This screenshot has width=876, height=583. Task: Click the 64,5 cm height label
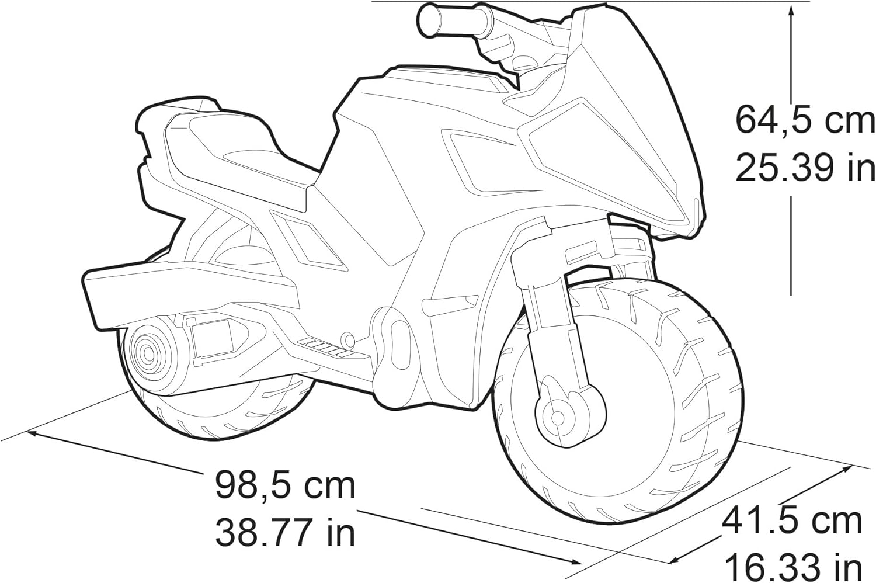805,120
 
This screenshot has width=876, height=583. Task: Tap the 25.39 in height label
805,168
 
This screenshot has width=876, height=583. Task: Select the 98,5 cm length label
286,485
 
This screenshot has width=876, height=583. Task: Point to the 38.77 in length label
286,532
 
